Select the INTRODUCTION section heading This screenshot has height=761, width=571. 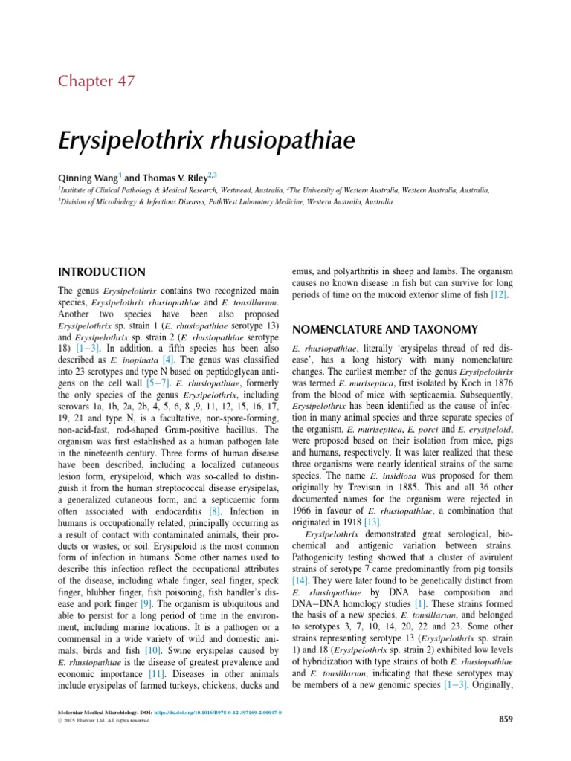click(x=101, y=272)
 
